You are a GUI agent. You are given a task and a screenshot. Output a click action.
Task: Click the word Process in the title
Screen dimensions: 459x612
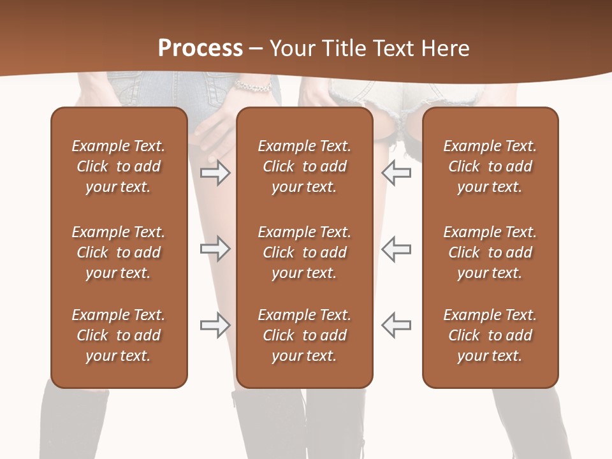(200, 48)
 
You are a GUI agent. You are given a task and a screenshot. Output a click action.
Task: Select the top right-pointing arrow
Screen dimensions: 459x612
(215, 173)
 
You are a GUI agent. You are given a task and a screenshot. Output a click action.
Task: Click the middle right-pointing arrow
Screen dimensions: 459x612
(215, 249)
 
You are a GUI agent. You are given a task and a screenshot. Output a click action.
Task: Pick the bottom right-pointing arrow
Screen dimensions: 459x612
(215, 325)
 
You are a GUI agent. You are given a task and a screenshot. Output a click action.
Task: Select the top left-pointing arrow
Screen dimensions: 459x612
(397, 173)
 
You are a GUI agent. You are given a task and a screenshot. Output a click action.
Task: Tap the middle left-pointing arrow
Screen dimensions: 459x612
(397, 249)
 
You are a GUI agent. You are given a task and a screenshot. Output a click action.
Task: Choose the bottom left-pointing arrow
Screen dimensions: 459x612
(397, 325)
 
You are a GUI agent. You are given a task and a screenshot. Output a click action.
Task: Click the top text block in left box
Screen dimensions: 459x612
(119, 166)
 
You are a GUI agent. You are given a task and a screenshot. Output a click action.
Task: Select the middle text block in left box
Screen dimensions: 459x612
(119, 252)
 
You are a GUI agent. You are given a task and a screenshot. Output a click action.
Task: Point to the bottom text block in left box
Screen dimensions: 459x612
(119, 335)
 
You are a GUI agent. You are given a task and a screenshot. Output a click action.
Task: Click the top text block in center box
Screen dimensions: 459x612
(304, 166)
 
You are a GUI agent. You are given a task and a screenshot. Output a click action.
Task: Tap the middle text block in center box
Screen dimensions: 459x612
(304, 252)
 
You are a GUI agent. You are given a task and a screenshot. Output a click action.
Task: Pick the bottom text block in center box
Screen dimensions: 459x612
(304, 335)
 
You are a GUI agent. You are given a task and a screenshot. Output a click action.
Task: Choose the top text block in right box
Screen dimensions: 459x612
(490, 166)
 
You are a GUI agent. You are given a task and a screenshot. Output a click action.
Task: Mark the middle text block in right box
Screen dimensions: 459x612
(490, 252)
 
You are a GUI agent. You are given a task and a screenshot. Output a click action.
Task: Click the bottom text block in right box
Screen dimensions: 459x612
(490, 335)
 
